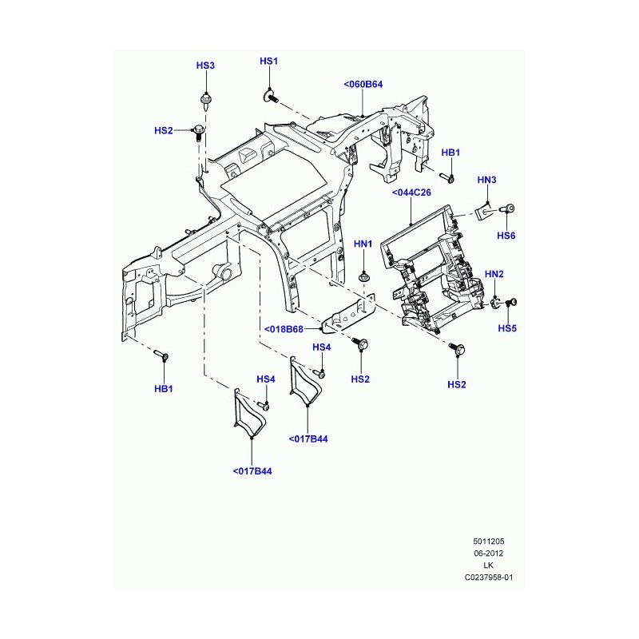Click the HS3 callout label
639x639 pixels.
pyautogui.click(x=205, y=65)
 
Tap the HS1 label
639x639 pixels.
pyautogui.click(x=268, y=62)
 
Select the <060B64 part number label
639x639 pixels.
pyautogui.click(x=363, y=85)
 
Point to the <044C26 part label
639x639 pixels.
pyautogui.click(x=411, y=192)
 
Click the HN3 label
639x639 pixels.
pyautogui.click(x=486, y=180)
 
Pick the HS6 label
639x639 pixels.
pyautogui.click(x=506, y=236)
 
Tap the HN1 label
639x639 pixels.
pyautogui.click(x=363, y=244)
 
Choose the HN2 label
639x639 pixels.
pyautogui.click(x=494, y=274)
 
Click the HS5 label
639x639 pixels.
pyautogui.click(x=507, y=328)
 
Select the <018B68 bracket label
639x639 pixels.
pyautogui.click(x=284, y=329)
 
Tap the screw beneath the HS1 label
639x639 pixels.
pyautogui.click(x=270, y=97)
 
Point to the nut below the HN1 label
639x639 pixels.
pyautogui.click(x=363, y=278)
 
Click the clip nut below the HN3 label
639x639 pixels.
pyautogui.click(x=484, y=211)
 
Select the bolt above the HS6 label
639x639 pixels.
pyautogui.click(x=506, y=209)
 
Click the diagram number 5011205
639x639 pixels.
pyautogui.click(x=489, y=542)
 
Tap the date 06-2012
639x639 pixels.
pyautogui.click(x=489, y=553)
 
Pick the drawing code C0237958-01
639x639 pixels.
pyautogui.click(x=489, y=577)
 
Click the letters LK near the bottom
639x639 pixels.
pyautogui.click(x=489, y=566)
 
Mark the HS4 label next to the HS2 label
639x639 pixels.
pyautogui.click(x=322, y=347)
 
